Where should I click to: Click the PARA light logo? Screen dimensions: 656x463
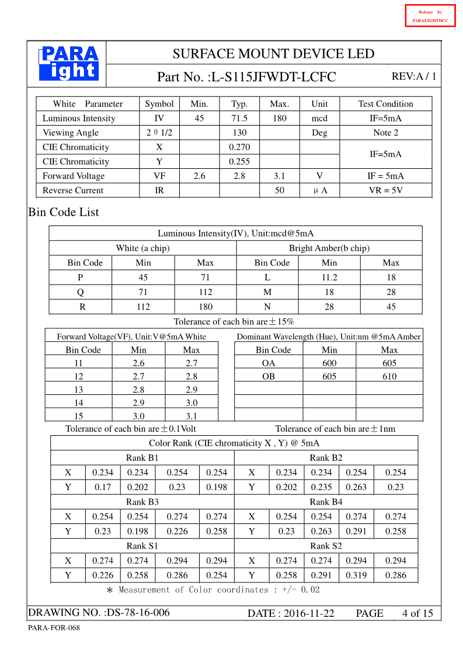point(68,63)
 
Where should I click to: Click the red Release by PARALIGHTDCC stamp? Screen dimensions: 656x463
point(430,16)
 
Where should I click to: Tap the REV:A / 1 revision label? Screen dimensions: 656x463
point(413,77)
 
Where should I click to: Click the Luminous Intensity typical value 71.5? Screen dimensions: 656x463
point(239,118)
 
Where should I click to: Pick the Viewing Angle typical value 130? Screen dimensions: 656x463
point(239,133)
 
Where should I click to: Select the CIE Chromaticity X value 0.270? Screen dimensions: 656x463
point(239,147)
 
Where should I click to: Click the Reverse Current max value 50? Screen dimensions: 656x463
point(279,190)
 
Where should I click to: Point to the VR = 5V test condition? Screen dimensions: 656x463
point(385,190)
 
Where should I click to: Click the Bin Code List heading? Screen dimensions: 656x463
point(64,212)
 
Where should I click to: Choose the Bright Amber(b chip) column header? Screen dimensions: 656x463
point(329,248)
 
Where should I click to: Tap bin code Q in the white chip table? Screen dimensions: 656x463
point(81,292)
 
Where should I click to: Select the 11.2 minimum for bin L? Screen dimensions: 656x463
point(329,277)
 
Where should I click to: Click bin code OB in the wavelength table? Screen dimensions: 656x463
point(269,377)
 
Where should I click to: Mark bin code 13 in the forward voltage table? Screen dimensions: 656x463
point(78,390)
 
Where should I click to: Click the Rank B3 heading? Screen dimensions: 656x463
point(142,502)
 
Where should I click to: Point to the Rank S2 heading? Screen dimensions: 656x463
point(326,546)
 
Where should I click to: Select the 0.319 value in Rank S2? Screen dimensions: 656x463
point(356,575)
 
